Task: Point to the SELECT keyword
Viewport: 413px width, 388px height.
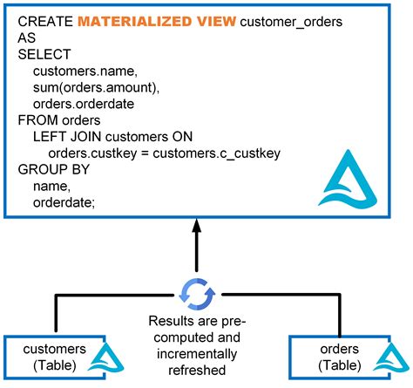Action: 42,54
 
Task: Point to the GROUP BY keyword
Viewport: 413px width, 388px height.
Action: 51,170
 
